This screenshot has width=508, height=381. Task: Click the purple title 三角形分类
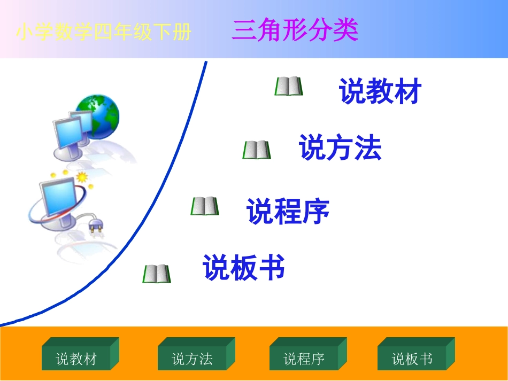coord(295,31)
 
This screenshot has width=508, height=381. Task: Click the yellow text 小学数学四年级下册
coord(104,33)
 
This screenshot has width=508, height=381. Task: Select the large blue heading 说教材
coord(380,91)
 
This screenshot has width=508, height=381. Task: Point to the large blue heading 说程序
coord(288,211)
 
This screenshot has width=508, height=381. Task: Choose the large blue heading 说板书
coord(243,267)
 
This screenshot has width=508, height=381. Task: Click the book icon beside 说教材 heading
coord(289,86)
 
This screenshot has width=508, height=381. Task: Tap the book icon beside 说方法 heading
coord(257,150)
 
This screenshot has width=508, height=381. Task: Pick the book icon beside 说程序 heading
coord(205,206)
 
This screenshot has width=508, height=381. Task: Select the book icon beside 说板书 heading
coord(157,274)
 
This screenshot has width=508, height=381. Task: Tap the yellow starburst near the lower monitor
coord(82,177)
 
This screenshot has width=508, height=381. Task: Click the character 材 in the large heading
coord(407,91)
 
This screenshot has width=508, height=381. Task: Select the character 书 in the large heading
coord(271,267)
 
